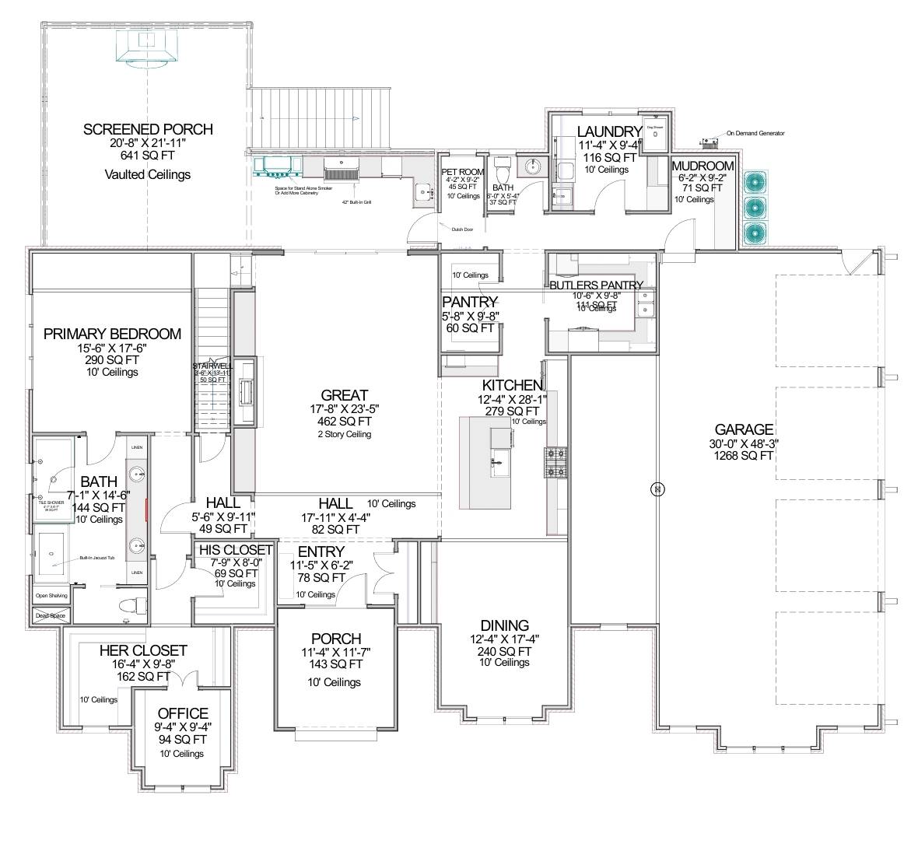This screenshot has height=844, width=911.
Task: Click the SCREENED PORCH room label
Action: pos(148,129)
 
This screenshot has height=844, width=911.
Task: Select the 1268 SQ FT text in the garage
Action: pos(743,456)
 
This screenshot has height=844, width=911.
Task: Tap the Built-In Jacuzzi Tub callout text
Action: pos(97,558)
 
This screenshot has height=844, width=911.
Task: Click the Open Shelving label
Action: pos(51,596)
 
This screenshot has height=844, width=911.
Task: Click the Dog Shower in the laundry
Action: pos(655,136)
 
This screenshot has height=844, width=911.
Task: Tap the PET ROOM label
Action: pos(463,171)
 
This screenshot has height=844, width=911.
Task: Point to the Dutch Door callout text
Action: pos(462,229)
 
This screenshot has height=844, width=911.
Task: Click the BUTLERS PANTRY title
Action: pos(596,285)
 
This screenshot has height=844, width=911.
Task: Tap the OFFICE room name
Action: pos(183,713)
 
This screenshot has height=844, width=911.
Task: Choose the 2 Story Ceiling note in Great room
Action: pos(343,434)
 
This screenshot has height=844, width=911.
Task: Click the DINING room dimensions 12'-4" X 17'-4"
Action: pos(504,639)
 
